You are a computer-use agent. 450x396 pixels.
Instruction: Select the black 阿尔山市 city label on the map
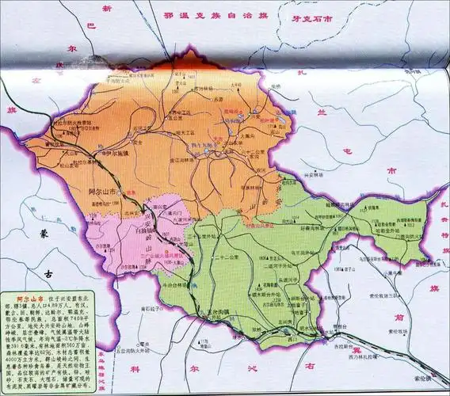pos(106,192)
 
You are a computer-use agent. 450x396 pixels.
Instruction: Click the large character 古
pos(49,273)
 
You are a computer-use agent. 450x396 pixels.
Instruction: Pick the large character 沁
pos(269,370)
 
